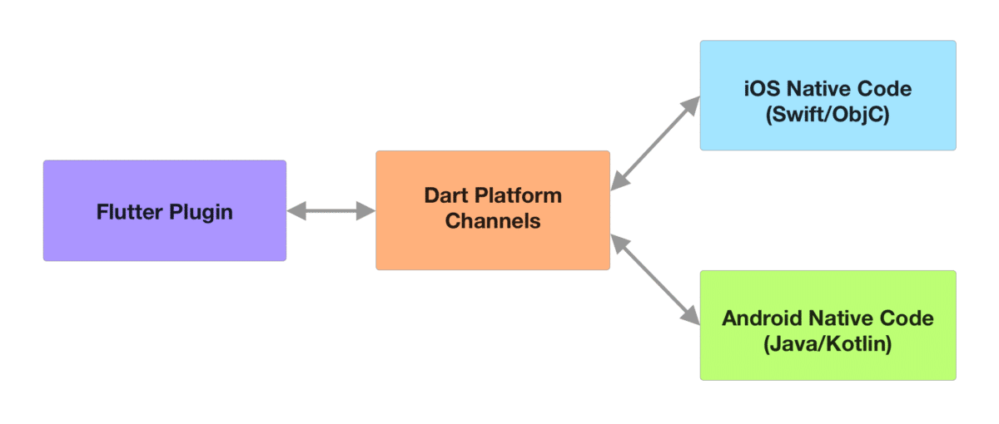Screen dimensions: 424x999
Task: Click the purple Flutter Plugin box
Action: point(164,241)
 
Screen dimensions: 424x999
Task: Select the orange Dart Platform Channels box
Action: point(492,245)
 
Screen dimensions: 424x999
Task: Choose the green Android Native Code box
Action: point(828,362)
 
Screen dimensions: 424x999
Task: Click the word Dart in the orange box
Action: point(445,196)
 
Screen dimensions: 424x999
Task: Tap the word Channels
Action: point(492,221)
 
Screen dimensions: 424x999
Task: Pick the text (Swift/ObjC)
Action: point(828,115)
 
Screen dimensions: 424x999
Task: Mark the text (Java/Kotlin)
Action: point(828,344)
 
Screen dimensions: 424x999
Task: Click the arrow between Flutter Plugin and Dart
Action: point(331,212)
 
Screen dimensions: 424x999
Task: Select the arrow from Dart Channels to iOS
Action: point(656,143)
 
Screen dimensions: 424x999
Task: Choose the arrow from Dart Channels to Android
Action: point(656,279)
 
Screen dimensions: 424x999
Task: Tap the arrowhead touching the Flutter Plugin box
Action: point(296,212)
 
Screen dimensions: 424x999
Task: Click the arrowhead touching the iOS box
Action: point(691,105)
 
